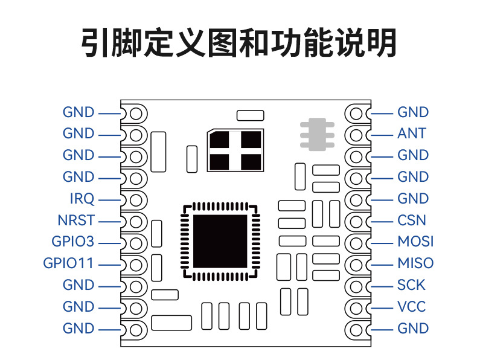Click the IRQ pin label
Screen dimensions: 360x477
click(82, 199)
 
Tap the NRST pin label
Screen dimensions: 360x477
click(76, 220)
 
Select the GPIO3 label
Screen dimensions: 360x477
click(73, 242)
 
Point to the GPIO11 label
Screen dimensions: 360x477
click(69, 264)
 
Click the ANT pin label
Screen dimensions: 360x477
click(412, 133)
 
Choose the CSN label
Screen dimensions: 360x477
click(412, 220)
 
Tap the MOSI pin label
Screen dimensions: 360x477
click(415, 242)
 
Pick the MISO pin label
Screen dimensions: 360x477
click(415, 263)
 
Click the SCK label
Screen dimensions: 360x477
click(411, 285)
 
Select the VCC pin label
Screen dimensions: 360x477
click(411, 307)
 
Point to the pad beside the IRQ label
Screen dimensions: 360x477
click(135, 199)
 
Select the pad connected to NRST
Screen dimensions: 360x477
click(135, 221)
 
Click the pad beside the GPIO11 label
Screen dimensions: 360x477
click(135, 265)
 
